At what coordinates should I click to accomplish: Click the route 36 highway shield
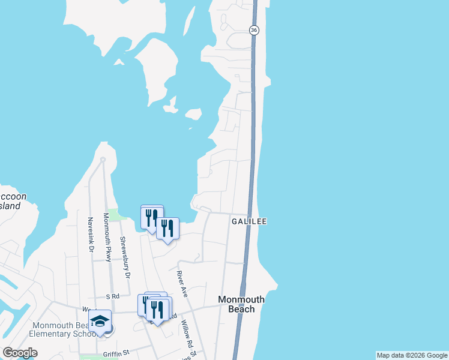[x=255, y=30]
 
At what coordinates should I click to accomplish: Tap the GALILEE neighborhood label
[x=249, y=221]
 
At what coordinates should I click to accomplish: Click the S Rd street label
[x=113, y=296]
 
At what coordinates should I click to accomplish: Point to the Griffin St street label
[x=117, y=353]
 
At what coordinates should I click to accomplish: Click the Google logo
[x=20, y=353]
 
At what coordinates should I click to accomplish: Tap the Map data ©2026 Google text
[x=412, y=355]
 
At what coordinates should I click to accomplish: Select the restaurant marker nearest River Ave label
[x=168, y=229]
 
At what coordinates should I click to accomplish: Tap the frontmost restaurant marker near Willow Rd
[x=159, y=310]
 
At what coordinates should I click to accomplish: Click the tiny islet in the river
[x=193, y=113]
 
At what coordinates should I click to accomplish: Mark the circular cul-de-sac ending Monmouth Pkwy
[x=103, y=159]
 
